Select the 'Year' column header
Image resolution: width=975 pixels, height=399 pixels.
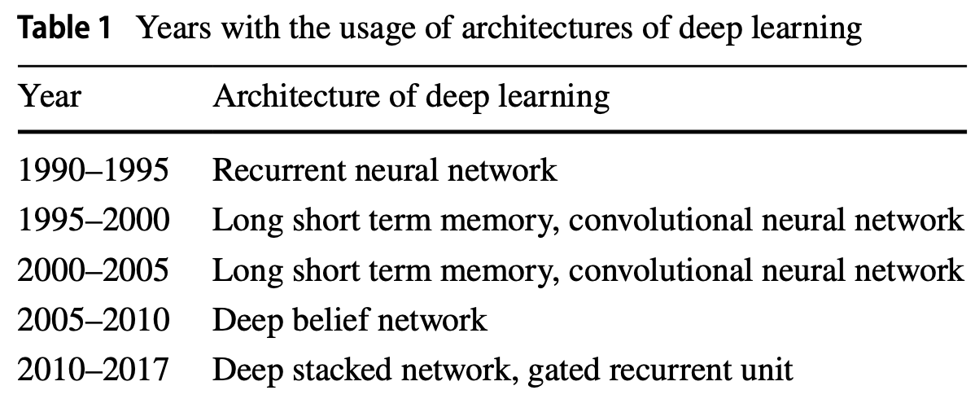tap(50, 96)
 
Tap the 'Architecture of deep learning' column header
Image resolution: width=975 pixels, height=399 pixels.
tap(410, 96)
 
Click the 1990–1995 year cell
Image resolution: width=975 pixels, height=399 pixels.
tap(93, 171)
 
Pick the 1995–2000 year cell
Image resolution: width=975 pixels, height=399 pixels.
tap(93, 221)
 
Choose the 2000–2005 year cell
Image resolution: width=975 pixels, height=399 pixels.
tap(93, 270)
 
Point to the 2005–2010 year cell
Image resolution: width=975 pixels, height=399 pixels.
tap(93, 320)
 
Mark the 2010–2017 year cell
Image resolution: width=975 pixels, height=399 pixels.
tap(93, 370)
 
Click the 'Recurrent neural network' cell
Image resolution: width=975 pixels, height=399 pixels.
tap(385, 171)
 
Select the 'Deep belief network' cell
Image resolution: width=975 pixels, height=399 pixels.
tap(350, 320)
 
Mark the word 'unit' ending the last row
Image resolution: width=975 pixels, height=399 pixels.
tap(769, 370)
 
